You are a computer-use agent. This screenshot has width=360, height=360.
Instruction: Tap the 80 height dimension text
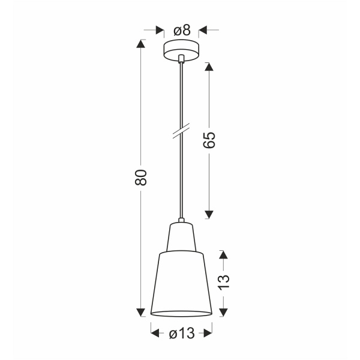142,177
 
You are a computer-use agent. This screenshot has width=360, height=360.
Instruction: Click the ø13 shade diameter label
181,334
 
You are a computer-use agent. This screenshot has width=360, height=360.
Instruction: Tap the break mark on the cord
180,133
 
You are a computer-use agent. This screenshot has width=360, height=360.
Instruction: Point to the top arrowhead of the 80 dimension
142,44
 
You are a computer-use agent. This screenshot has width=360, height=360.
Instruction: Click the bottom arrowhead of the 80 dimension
142,312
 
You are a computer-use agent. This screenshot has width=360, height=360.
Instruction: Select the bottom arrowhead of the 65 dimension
209,214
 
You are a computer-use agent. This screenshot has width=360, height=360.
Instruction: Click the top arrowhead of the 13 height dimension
224,255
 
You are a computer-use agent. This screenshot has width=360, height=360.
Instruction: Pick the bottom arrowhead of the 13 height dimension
224,312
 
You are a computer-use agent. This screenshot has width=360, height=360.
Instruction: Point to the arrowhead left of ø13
154,334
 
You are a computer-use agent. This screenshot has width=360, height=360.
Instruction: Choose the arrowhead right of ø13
208,334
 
